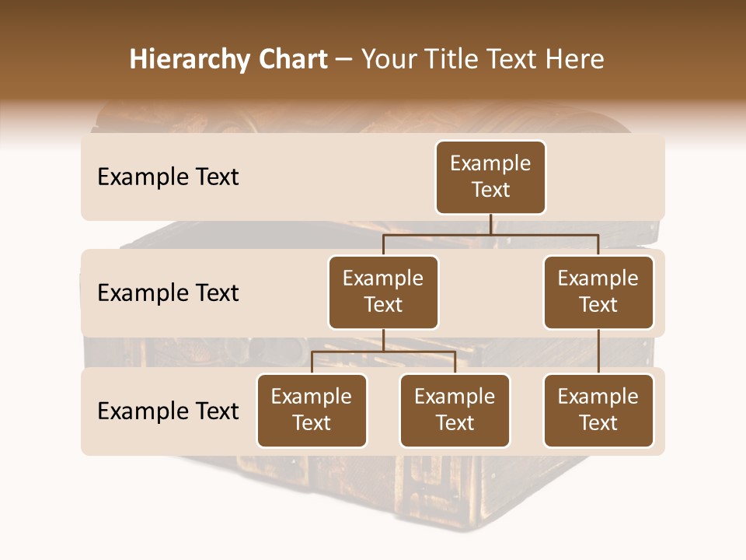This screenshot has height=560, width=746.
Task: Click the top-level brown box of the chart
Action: pyautogui.click(x=490, y=177)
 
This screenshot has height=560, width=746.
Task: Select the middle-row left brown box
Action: pyautogui.click(x=383, y=292)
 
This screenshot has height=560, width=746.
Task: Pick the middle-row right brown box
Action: pyautogui.click(x=598, y=292)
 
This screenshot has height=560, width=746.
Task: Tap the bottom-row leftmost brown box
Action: pyautogui.click(x=312, y=411)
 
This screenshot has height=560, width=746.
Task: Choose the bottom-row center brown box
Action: pyautogui.click(x=455, y=411)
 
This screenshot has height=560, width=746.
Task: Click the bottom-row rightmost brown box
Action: pyautogui.click(x=598, y=411)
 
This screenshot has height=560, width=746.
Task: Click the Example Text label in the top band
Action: pyautogui.click(x=168, y=177)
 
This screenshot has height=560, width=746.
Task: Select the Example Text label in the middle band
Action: pyautogui.click(x=168, y=293)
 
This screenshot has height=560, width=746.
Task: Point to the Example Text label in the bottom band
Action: pyautogui.click(x=168, y=411)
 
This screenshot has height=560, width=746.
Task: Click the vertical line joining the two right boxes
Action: pyautogui.click(x=598, y=352)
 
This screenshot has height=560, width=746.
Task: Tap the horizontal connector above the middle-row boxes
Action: pyautogui.click(x=490, y=234)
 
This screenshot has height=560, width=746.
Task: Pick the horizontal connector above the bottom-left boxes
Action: pyautogui.click(x=383, y=352)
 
